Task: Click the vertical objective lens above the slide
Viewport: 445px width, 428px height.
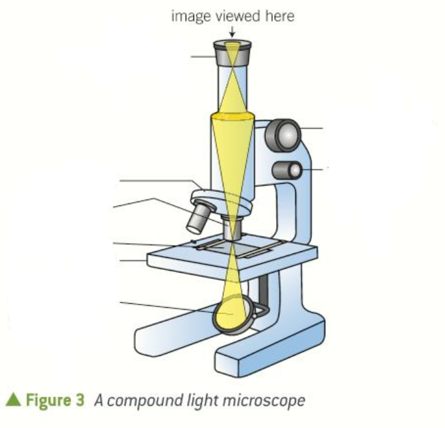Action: tap(232, 228)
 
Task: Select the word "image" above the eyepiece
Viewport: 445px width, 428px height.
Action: tap(188, 16)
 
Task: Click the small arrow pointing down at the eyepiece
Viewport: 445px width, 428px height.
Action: tap(232, 31)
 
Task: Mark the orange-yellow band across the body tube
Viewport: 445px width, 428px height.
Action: tap(232, 116)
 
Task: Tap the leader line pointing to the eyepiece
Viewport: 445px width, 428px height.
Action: tap(204, 56)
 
